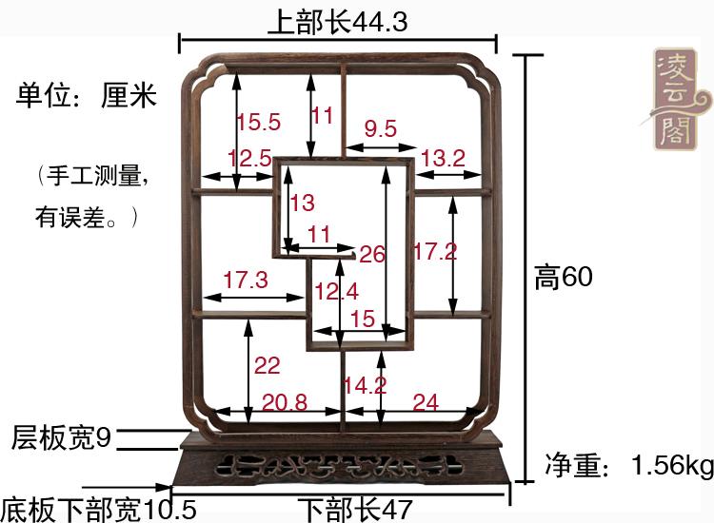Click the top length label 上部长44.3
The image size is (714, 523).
pyautogui.click(x=337, y=22)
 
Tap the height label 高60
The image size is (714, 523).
pyautogui.click(x=564, y=277)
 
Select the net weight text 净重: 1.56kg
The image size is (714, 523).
pyautogui.click(x=629, y=466)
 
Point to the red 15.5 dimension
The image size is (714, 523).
pyautogui.click(x=258, y=122)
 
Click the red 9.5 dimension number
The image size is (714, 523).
pyautogui.click(x=380, y=129)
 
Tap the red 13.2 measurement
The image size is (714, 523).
pyautogui.click(x=443, y=159)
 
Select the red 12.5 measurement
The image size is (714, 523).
pyautogui.click(x=250, y=159)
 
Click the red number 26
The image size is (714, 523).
pyautogui.click(x=373, y=254)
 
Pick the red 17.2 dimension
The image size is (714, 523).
pyautogui.click(x=435, y=252)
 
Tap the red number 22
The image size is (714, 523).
pyautogui.click(x=268, y=365)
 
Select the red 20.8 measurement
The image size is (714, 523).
pyautogui.click(x=285, y=402)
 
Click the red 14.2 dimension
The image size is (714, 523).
pyautogui.click(x=365, y=385)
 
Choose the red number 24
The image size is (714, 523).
pyautogui.click(x=426, y=402)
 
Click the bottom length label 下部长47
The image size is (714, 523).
pyautogui.click(x=353, y=510)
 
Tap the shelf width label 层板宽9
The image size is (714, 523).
pyautogui.click(x=62, y=438)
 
